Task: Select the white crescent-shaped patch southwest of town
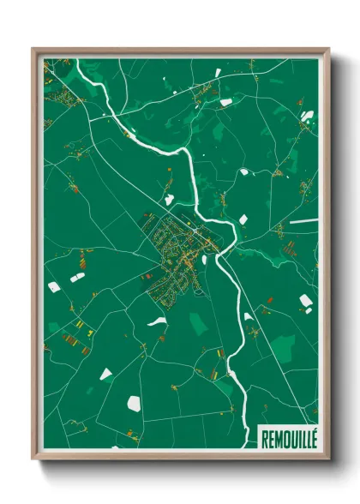coord(156,322)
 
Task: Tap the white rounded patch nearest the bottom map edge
coord(135,401)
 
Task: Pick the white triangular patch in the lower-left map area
coord(105,374)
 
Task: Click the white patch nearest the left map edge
coord(54,287)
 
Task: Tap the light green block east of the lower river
coord(282,346)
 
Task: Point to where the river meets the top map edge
coord(78,61)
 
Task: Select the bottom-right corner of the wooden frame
coord(327,458)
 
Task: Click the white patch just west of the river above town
coord(170,199)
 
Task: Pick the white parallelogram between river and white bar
coord(243,219)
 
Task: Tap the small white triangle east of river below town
coord(248,316)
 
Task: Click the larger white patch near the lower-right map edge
coord(306,300)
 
